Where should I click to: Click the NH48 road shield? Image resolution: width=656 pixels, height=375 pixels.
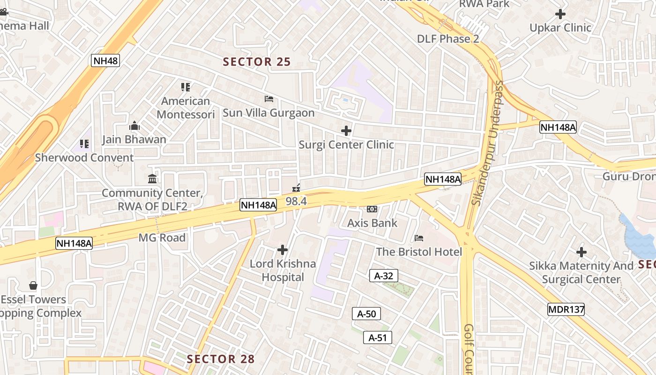pyautogui.click(x=105, y=60)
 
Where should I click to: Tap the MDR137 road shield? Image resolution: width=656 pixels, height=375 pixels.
pyautogui.click(x=566, y=309)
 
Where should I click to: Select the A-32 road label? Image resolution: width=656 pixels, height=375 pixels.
pyautogui.click(x=383, y=276)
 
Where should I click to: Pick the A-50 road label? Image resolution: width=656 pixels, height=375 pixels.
pyautogui.click(x=366, y=314)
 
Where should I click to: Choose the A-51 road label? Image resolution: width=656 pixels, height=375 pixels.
pyautogui.click(x=377, y=337)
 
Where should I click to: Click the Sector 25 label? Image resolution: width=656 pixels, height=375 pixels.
pyautogui.click(x=257, y=62)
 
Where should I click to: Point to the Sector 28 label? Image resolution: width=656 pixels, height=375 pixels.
pyautogui.click(x=221, y=359)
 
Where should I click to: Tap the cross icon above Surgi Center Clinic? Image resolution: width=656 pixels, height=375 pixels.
pyautogui.click(x=346, y=131)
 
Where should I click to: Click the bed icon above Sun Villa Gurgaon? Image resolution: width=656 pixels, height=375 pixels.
pyautogui.click(x=269, y=99)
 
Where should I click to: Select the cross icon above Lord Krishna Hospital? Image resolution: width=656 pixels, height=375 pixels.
pyautogui.click(x=283, y=249)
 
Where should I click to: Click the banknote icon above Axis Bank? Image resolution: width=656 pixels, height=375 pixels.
pyautogui.click(x=372, y=209)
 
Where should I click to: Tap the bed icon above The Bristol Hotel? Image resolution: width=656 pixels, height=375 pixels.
pyautogui.click(x=419, y=238)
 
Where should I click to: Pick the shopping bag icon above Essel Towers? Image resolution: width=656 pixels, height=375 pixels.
pyautogui.click(x=33, y=285)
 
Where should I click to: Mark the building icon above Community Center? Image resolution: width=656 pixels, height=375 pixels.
pyautogui.click(x=152, y=179)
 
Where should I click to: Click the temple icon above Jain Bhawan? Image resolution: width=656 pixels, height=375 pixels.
pyautogui.click(x=134, y=126)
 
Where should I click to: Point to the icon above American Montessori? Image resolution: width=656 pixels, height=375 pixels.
pyautogui.click(x=186, y=87)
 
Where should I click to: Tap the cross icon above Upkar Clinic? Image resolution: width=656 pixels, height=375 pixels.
pyautogui.click(x=560, y=14)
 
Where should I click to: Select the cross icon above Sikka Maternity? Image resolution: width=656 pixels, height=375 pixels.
pyautogui.click(x=581, y=252)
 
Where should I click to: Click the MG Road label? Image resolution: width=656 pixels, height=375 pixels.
pyautogui.click(x=162, y=238)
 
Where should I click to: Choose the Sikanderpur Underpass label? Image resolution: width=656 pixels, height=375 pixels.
pyautogui.click(x=488, y=143)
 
